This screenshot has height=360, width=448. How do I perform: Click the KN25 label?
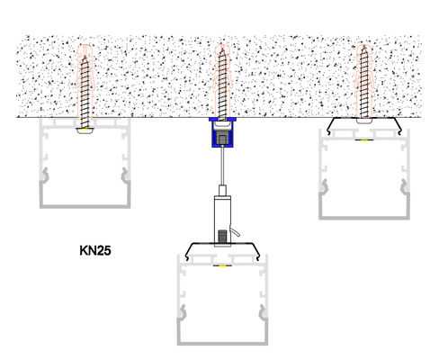point(95,250)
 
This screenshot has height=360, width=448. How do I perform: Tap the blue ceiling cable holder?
point(222,132)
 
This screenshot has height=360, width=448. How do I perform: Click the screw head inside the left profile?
point(85,130)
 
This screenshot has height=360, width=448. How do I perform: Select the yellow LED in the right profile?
point(364,139)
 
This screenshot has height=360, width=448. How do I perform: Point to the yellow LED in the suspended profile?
point(222,265)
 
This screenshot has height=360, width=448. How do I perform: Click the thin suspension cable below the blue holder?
point(222,166)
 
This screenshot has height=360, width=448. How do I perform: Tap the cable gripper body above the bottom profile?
point(222,221)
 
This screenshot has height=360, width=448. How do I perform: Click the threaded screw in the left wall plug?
point(85,91)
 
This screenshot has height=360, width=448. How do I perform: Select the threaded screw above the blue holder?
point(222,84)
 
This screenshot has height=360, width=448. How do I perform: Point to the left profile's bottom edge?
point(85,206)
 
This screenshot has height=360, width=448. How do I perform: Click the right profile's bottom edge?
point(364,218)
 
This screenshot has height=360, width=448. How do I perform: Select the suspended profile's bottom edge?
point(222,343)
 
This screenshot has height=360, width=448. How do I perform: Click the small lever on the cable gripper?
point(236,231)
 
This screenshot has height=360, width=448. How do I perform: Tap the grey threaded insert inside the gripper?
point(222,236)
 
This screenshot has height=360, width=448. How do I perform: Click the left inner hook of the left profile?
point(45,175)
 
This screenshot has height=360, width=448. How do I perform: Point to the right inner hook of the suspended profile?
point(263,312)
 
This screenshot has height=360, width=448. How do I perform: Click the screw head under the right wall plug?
point(364,120)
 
